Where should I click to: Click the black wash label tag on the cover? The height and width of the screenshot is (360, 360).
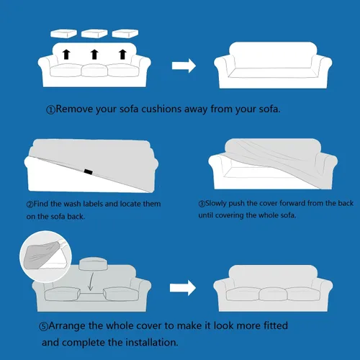(x=89, y=171)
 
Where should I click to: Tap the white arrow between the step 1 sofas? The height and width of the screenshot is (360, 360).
(x=184, y=66)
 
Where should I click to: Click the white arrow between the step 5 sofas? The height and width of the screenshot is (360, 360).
(x=183, y=288)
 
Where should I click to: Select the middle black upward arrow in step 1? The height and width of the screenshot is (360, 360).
(x=94, y=55)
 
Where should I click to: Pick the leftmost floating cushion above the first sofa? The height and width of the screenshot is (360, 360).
(x=63, y=34)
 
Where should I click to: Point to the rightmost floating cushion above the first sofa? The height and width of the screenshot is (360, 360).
(x=125, y=34)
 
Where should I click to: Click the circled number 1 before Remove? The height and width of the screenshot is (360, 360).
(x=50, y=110)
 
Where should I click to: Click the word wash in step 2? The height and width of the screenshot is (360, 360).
(x=73, y=204)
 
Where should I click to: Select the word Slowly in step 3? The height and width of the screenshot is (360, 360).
(x=216, y=204)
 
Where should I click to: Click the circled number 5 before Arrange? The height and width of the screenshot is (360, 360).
(x=43, y=327)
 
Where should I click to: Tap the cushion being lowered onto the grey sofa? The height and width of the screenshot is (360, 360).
(x=93, y=264)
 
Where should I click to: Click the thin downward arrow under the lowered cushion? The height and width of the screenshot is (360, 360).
(x=91, y=281)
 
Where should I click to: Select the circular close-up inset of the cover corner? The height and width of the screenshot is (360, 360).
(x=45, y=257)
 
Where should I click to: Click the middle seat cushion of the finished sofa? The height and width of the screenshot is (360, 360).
(x=273, y=294)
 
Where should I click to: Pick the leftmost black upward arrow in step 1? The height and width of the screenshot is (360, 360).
(x=66, y=55)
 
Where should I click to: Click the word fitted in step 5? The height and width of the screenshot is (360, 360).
(x=276, y=326)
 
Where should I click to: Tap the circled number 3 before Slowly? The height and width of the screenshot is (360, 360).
(x=202, y=204)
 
